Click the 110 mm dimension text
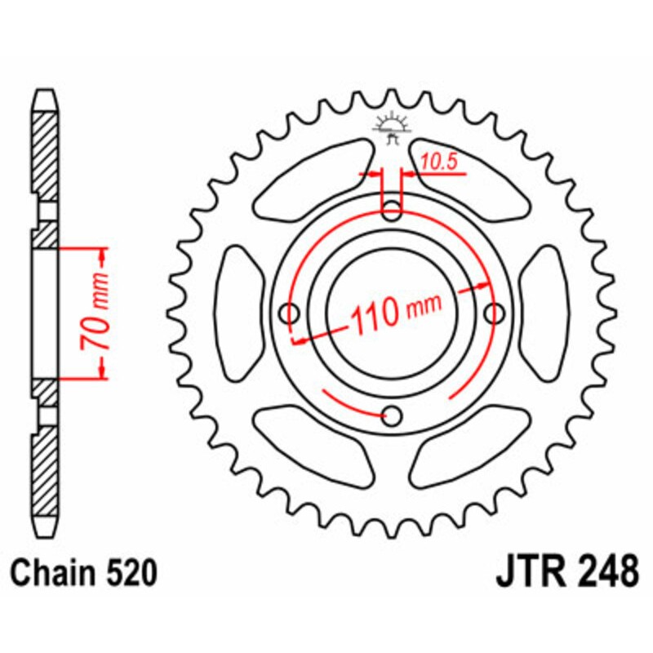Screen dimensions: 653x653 393,310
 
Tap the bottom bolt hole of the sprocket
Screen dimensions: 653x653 393,416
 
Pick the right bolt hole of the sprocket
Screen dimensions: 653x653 495,313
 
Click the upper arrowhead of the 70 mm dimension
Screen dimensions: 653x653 103,255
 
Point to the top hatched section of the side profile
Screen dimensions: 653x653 46,155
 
